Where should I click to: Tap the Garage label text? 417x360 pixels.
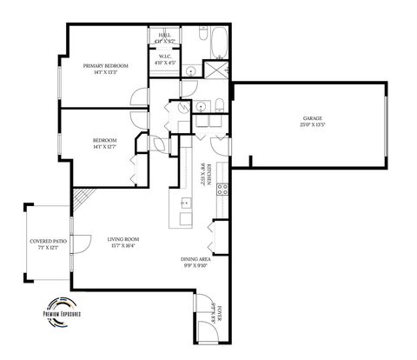tap(313, 119)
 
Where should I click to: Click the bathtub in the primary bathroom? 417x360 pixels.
tap(217, 39)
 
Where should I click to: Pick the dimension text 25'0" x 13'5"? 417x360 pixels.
tap(313, 125)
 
